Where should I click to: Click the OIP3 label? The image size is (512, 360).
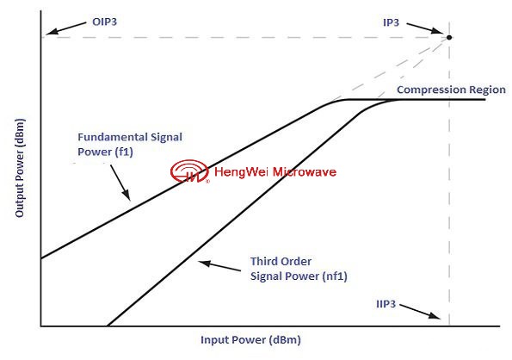pos(104,22)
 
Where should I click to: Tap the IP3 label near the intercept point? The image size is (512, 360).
pos(391,23)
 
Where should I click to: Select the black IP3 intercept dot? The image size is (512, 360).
pos(449,37)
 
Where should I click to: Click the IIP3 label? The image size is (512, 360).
pos(386,304)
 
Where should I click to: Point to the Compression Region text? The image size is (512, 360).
pos(451,90)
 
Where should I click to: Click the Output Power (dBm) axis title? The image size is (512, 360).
pos(20,168)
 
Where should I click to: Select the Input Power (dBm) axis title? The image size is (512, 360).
pos(250,339)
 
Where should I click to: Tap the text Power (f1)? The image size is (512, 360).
pos(105,152)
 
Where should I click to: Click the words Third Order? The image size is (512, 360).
pos(281,261)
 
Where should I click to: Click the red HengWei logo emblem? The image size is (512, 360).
pos(189,171)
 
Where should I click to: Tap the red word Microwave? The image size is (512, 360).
pos(305,172)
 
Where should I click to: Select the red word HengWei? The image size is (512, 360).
pos(241,172)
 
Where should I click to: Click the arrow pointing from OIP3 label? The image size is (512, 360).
pos(65,28)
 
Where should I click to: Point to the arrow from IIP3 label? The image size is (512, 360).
pos(420,311)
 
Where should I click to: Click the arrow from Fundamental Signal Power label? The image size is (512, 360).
pos(120,183)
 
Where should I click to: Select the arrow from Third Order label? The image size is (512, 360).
pos(219,266)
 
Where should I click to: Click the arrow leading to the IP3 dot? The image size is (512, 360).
pos(425,28)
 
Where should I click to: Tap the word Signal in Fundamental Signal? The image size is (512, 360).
pos(166,138)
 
